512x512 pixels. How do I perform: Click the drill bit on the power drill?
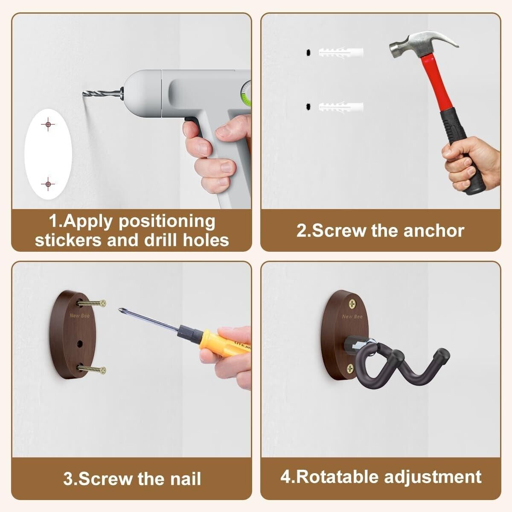[x=102, y=93]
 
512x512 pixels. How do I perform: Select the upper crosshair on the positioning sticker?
[x=48, y=124]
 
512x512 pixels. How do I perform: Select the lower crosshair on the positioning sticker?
[x=48, y=184]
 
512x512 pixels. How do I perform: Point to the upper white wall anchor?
[x=341, y=52]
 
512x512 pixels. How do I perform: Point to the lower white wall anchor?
[x=341, y=107]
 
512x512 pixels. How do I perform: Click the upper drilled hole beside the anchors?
[x=308, y=52]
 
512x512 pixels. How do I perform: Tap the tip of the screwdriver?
[x=120, y=309]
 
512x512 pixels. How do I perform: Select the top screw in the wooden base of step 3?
[x=91, y=303]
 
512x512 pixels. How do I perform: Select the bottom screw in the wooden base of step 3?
[x=91, y=369]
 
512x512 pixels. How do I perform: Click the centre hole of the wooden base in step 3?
[x=80, y=344]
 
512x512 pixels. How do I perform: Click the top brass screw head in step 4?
[x=352, y=303]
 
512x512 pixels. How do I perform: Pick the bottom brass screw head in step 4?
[x=350, y=369]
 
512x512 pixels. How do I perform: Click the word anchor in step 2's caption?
[x=434, y=231]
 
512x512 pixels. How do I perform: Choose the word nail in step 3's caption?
[x=186, y=479]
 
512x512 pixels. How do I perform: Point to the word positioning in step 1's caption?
[x=167, y=221]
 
